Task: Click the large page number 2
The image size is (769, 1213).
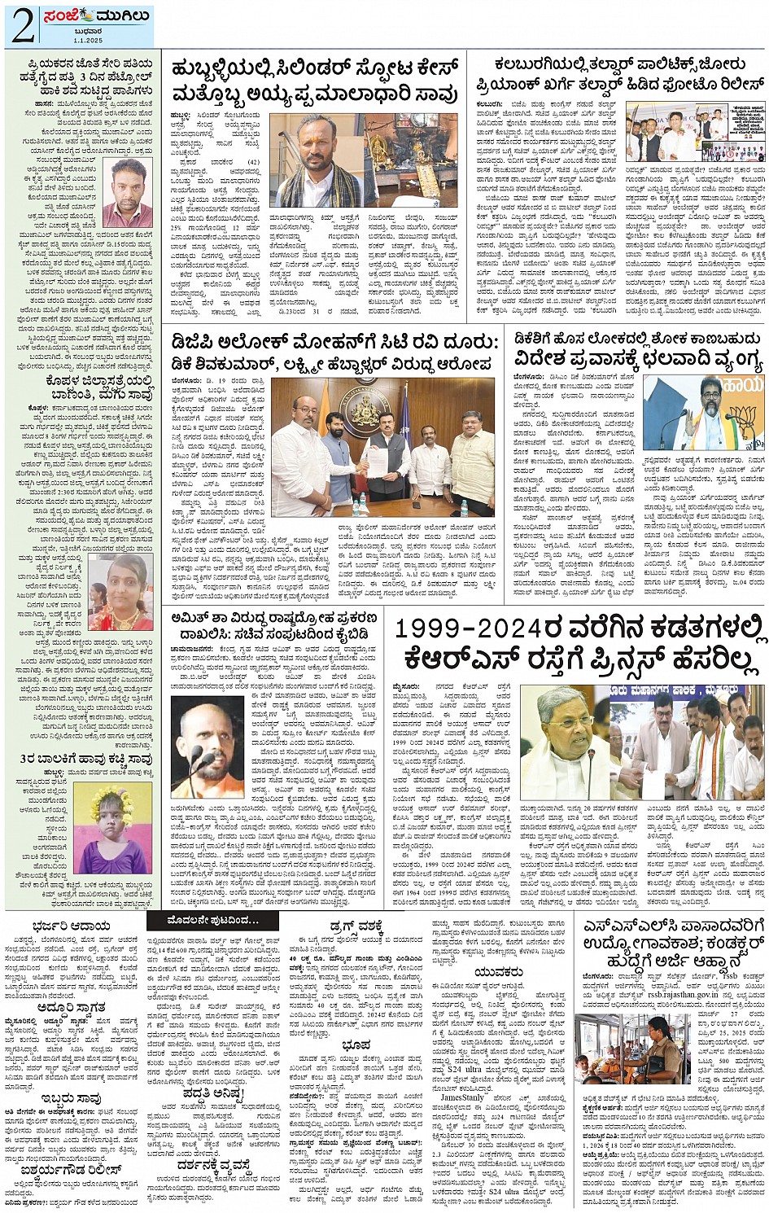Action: pyautogui.click(x=23, y=26)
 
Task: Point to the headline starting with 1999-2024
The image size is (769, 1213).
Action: pyautogui.click(x=579, y=643)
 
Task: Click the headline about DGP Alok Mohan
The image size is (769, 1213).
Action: pyautogui.click(x=330, y=352)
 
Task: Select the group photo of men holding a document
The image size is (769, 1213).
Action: pyautogui.click(x=382, y=445)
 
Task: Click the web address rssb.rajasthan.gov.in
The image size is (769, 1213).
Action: pyautogui.click(x=672, y=988)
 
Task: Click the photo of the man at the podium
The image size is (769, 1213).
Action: pyautogui.click(x=714, y=413)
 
